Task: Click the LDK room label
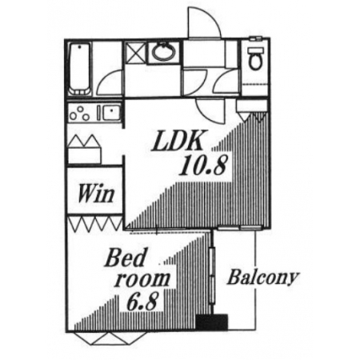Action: (177, 141)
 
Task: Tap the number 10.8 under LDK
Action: (203, 166)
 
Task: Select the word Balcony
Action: (262, 278)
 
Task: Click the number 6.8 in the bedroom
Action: (141, 302)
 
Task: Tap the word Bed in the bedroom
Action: (126, 258)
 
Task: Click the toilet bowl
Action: (255, 58)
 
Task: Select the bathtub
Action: (79, 69)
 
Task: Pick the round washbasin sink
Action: (163, 52)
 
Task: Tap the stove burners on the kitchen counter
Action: (80, 114)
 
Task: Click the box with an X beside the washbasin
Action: (135, 53)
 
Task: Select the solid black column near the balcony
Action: (212, 322)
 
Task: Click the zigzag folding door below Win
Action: (95, 223)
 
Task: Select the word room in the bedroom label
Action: (142, 280)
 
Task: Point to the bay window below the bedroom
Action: (107, 338)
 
